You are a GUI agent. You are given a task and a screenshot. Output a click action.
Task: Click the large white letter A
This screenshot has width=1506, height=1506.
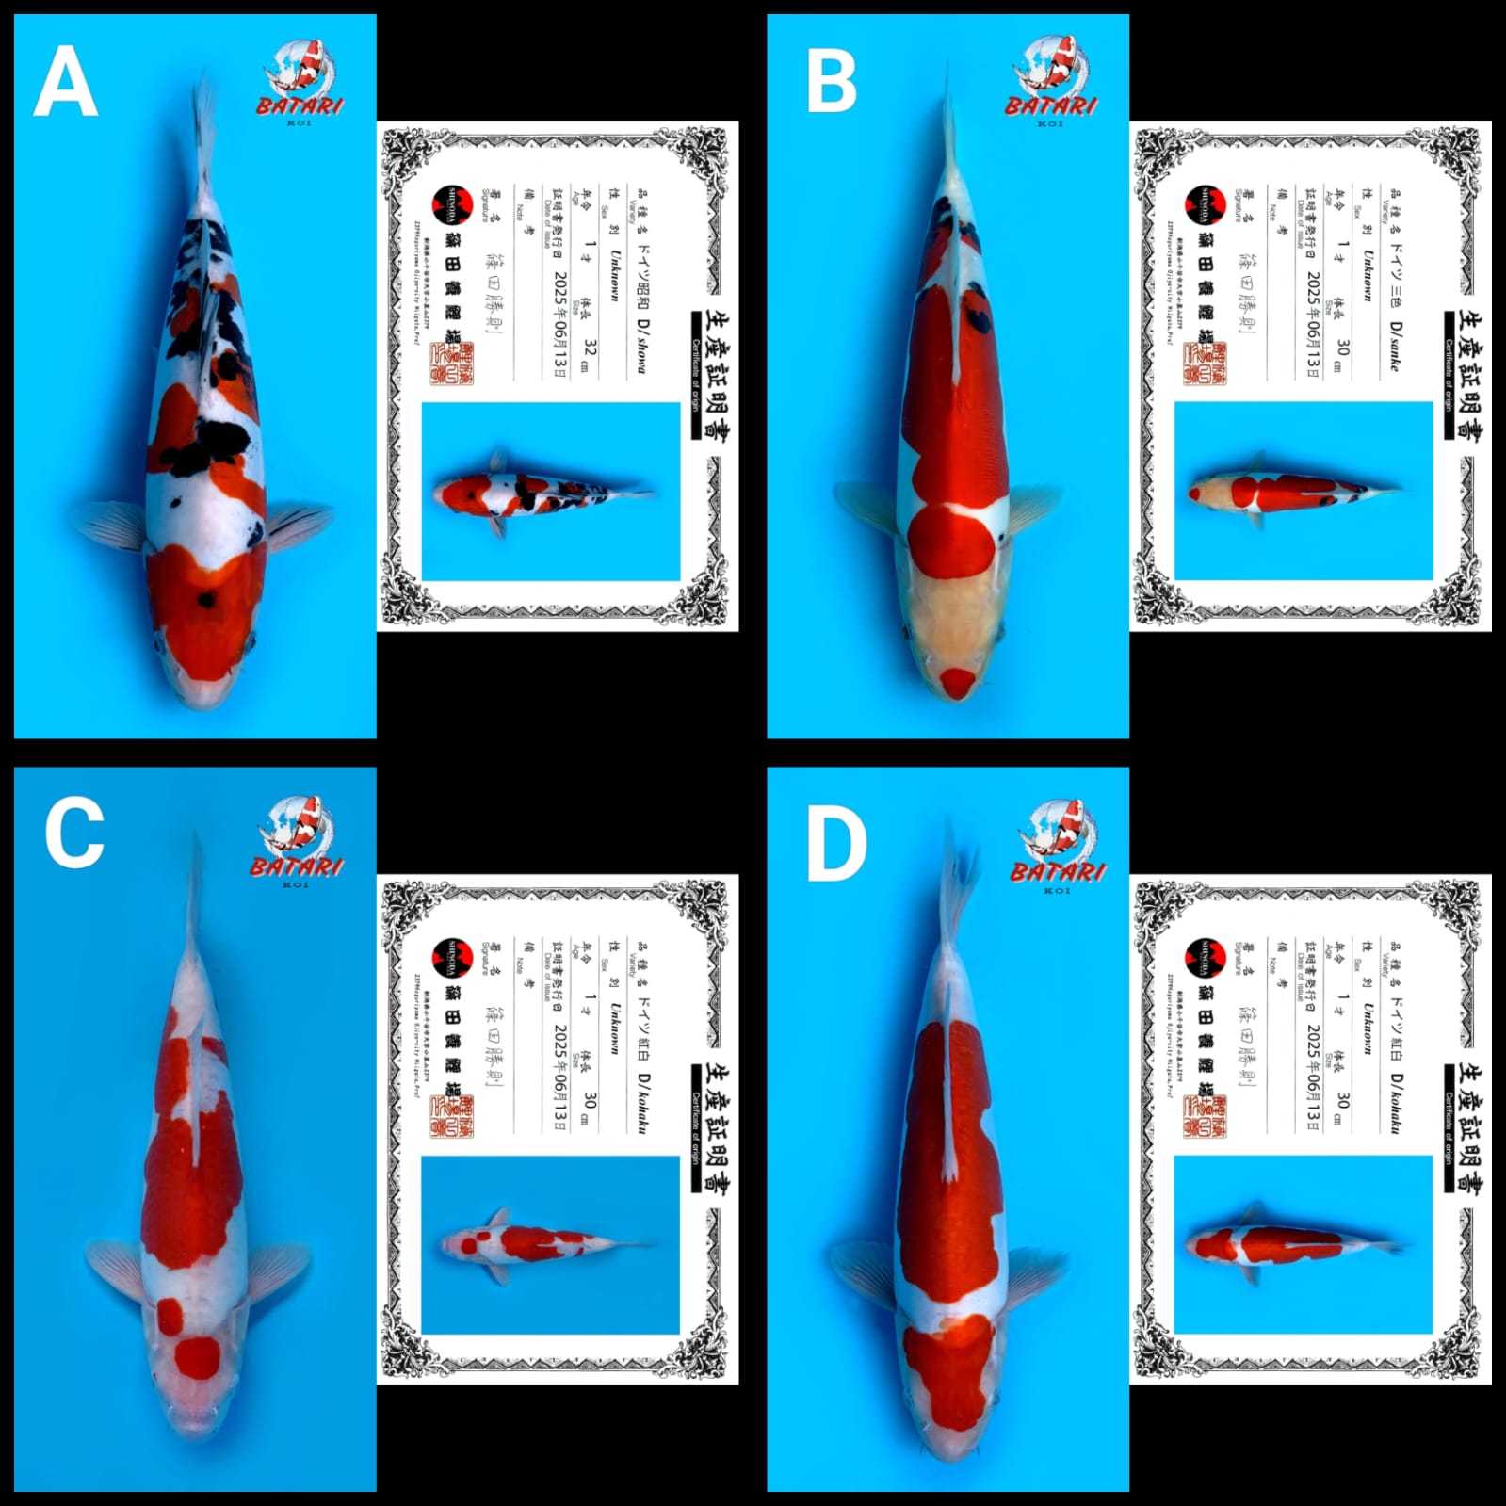coord(65,82)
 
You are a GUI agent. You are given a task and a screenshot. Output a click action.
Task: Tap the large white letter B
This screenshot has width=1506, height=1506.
coord(832,82)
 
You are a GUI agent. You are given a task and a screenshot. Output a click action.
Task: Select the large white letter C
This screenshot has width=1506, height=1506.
coord(74,833)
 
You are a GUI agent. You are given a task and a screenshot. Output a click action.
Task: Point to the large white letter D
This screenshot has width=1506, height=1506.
coord(836,845)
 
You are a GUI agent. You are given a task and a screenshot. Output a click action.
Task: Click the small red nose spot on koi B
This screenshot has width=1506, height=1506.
coord(958,681)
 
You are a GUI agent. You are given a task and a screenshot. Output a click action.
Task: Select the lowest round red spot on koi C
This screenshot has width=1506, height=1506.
coord(199,1357)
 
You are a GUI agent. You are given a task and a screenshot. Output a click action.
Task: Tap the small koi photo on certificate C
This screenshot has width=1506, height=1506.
coord(550,1244)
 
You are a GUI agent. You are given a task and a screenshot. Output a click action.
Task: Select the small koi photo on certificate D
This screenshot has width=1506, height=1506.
coord(1304,1244)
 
